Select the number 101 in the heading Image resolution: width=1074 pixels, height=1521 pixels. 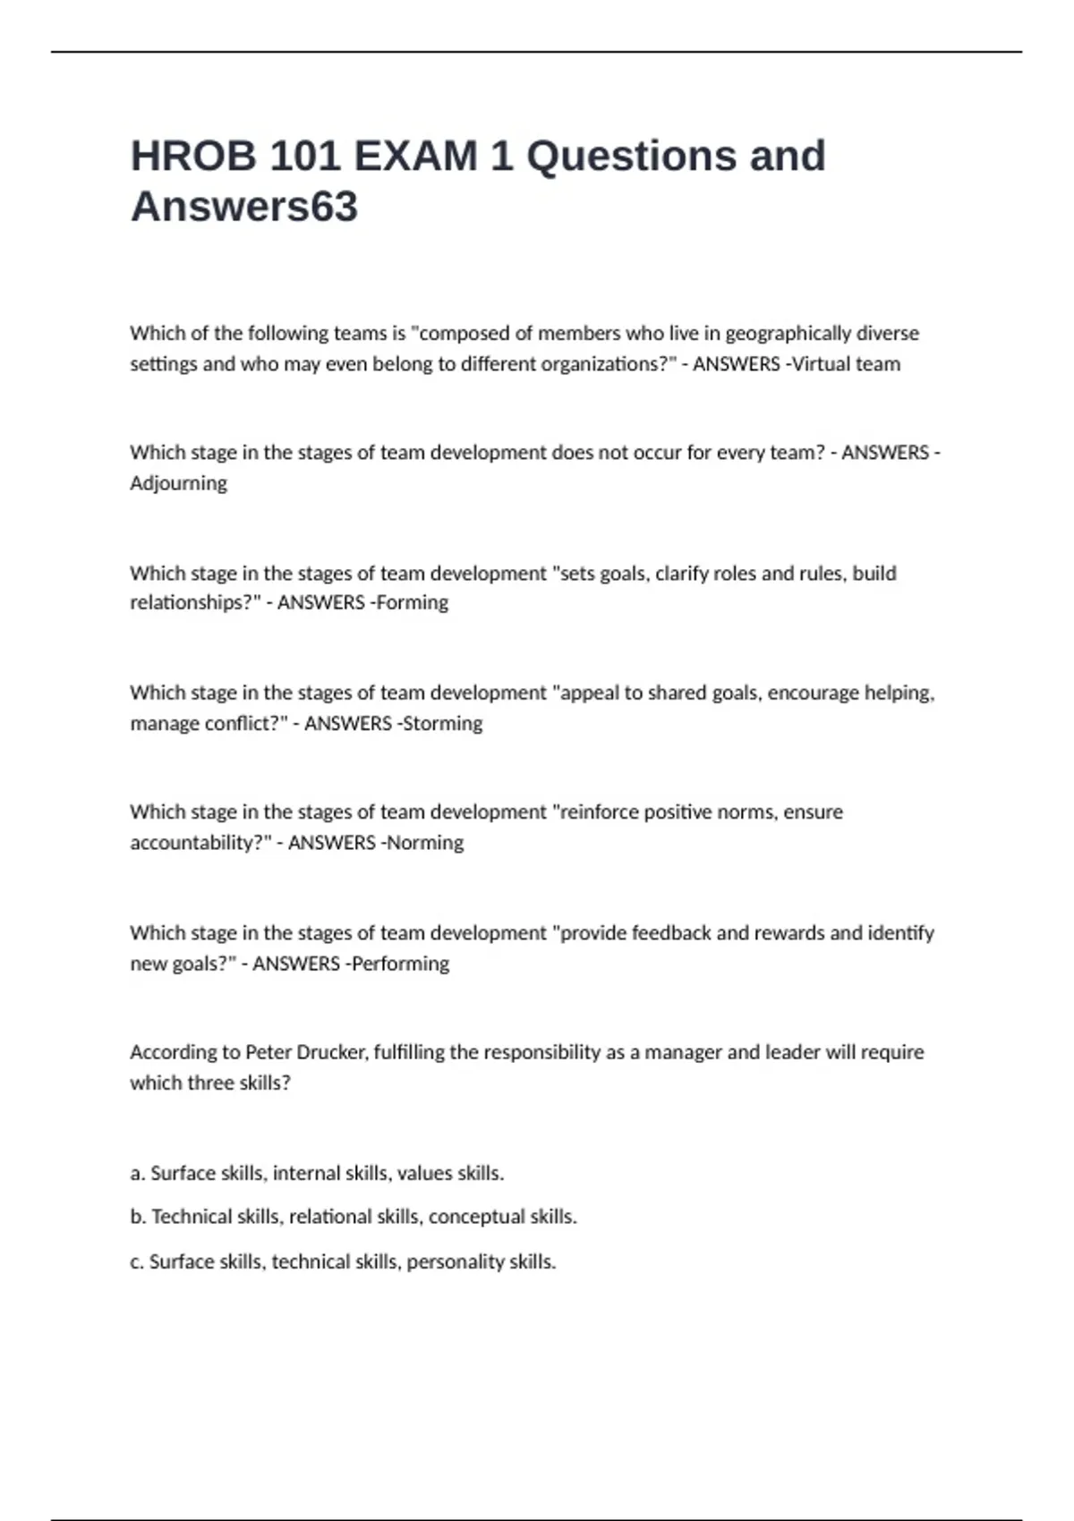pos(304,157)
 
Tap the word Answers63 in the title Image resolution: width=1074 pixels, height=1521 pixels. pos(244,207)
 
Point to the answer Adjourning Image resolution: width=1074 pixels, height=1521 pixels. pos(178,483)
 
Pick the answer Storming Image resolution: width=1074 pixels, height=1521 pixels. pos(441,723)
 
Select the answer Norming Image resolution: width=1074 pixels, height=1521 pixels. pos(424,843)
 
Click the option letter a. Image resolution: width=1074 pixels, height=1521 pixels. pos(137,1173)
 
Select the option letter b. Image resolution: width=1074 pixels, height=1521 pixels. pos(138,1217)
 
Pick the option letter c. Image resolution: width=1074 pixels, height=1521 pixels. pos(137,1262)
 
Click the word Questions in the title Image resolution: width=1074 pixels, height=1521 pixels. pos(631,157)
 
